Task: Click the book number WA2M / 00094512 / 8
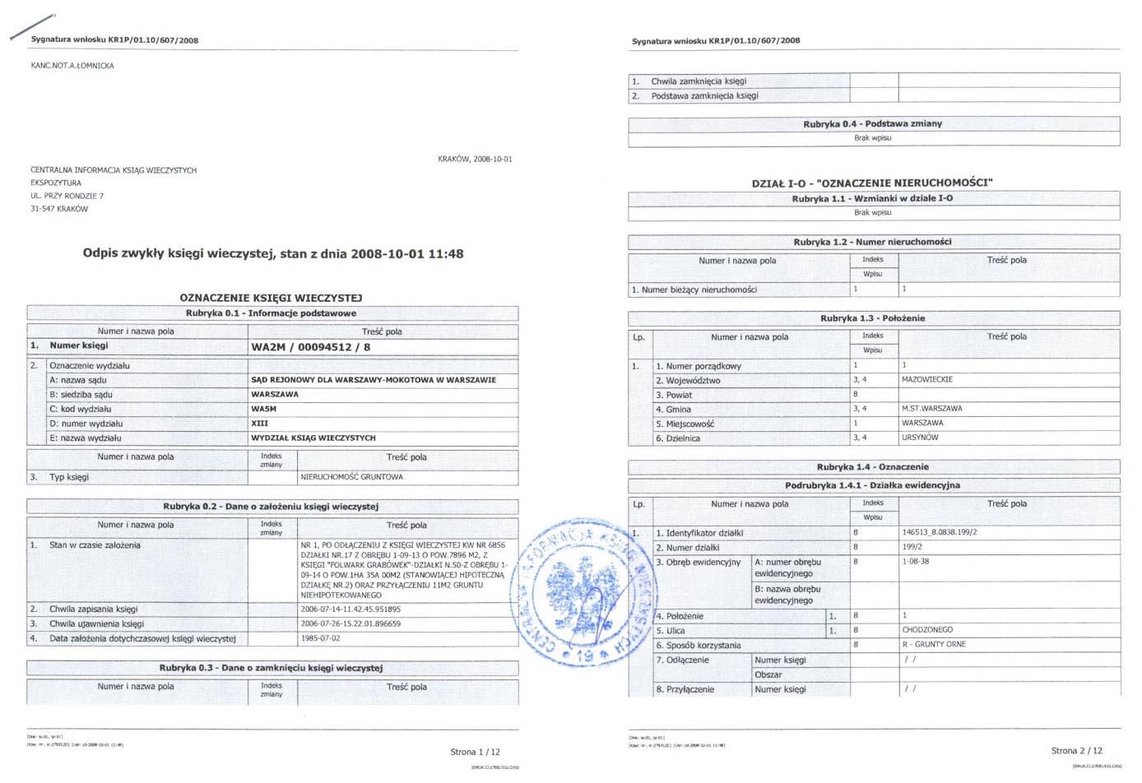click(310, 347)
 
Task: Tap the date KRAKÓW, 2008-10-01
click(475, 159)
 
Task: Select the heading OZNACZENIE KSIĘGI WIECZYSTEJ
click(271, 298)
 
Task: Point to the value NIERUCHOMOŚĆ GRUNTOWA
click(351, 477)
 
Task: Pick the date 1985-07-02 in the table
click(320, 638)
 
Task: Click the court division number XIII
click(259, 424)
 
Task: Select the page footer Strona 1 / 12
click(475, 752)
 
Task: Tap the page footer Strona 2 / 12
click(1076, 750)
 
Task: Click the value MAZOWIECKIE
click(926, 380)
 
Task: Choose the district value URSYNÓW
click(920, 438)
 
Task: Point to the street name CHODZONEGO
click(927, 630)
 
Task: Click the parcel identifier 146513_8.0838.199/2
click(939, 533)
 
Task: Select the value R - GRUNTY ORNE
click(934, 645)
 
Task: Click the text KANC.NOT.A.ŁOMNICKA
click(72, 66)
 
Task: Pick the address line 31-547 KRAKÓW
click(59, 209)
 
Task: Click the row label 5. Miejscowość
click(685, 424)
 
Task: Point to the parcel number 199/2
click(912, 547)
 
